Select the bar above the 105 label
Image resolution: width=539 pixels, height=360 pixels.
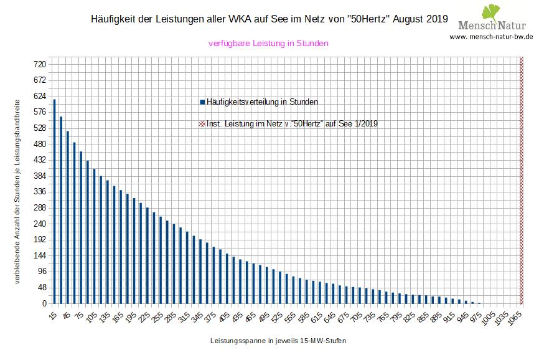click(94, 236)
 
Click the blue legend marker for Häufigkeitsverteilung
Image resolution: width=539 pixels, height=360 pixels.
click(202, 102)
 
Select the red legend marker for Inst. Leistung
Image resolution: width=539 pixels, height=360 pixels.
click(202, 124)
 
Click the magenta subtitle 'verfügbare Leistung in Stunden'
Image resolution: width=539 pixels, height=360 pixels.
click(268, 44)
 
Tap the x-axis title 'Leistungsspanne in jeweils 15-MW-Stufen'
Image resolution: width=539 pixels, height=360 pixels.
click(278, 341)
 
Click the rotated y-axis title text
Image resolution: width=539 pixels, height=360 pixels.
click(18, 190)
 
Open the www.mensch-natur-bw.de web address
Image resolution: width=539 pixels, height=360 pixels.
click(492, 37)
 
